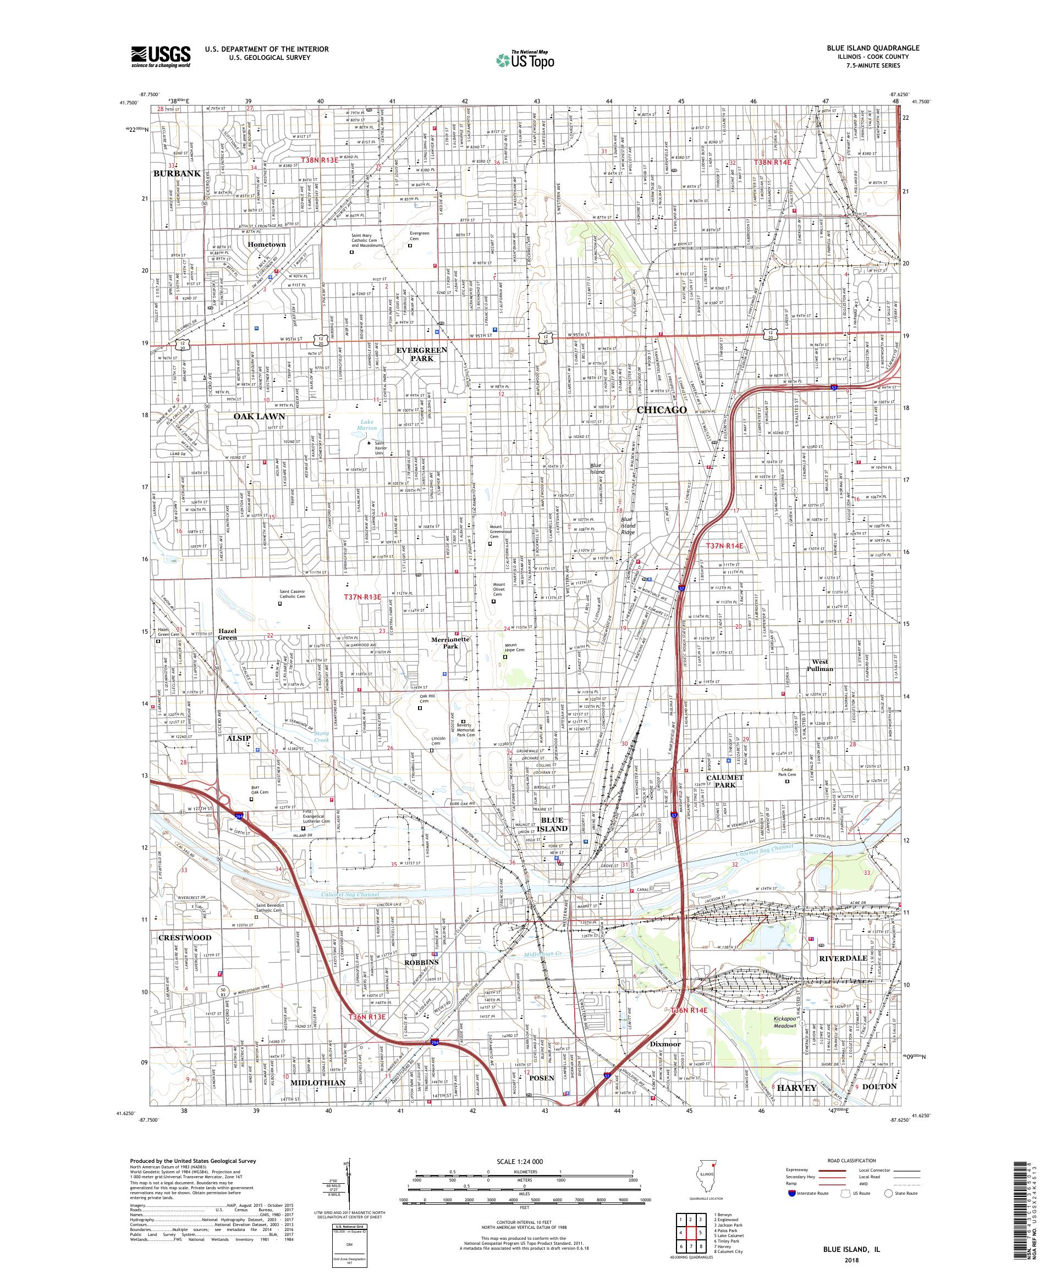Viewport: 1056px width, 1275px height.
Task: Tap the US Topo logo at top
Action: pyautogui.click(x=527, y=59)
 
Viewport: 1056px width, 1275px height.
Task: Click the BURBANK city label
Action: pyautogui.click(x=177, y=173)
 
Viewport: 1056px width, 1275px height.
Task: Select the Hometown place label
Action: pyautogui.click(x=267, y=244)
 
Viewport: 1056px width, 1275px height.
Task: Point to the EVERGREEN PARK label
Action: pyautogui.click(x=422, y=354)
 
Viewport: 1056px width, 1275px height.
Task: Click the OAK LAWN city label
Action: pyautogui.click(x=260, y=417)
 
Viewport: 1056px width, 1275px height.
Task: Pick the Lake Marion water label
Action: pyautogui.click(x=367, y=424)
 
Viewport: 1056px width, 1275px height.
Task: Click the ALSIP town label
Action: pyautogui.click(x=239, y=738)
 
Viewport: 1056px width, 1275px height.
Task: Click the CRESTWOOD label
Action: pyautogui.click(x=185, y=938)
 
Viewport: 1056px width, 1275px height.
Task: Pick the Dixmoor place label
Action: pyautogui.click(x=665, y=1044)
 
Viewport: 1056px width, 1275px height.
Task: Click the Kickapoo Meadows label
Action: pyautogui.click(x=785, y=1022)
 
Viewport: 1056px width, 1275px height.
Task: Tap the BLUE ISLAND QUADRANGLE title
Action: pyautogui.click(x=873, y=48)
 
